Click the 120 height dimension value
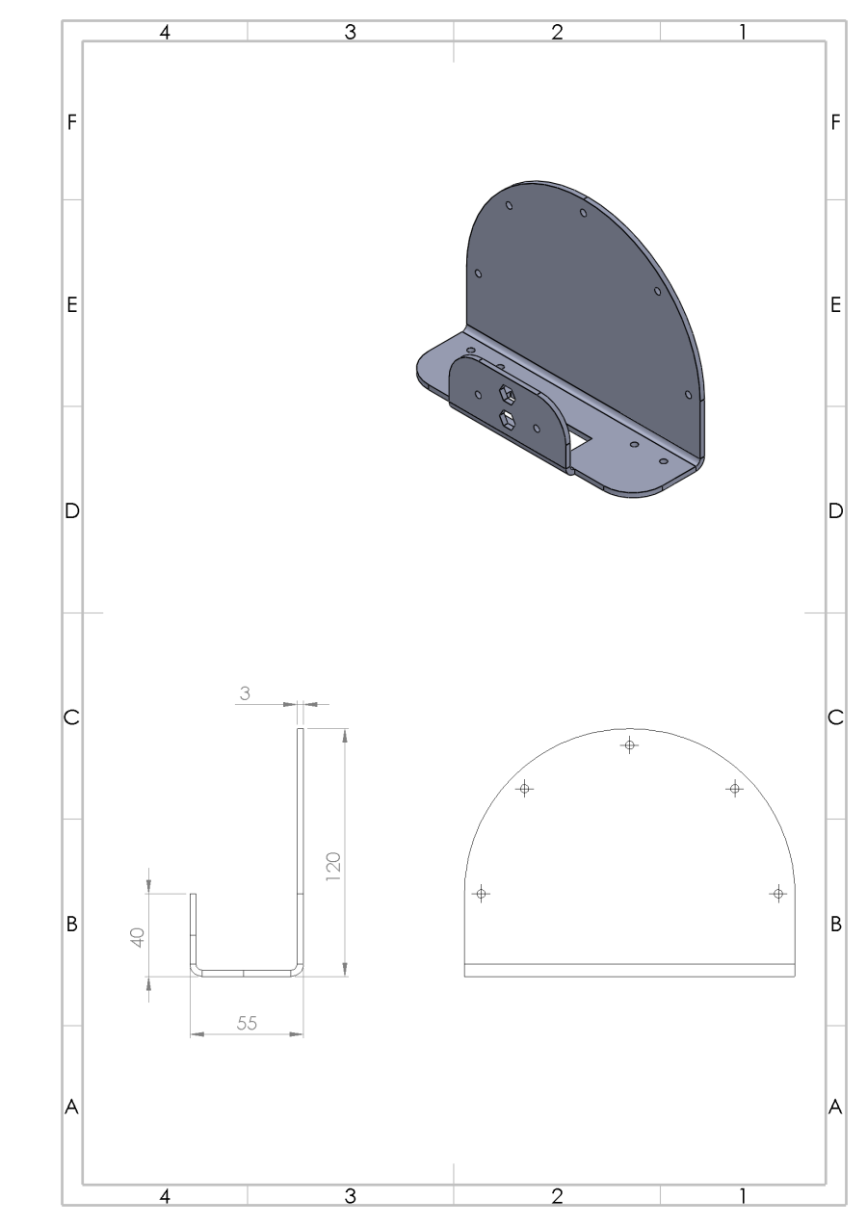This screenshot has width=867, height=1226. tap(332, 867)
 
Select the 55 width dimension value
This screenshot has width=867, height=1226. tap(247, 1023)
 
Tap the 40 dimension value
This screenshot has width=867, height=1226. tap(138, 937)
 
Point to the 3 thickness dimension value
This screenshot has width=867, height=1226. tap(245, 693)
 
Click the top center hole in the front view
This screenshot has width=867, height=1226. tap(629, 744)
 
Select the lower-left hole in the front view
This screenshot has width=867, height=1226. tap(481, 894)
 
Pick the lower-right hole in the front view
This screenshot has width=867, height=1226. tap(778, 894)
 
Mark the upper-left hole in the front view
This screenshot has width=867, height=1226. tap(524, 789)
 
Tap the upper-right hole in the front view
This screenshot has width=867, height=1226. tap(734, 789)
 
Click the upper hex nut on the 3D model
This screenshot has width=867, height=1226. tap(507, 392)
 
